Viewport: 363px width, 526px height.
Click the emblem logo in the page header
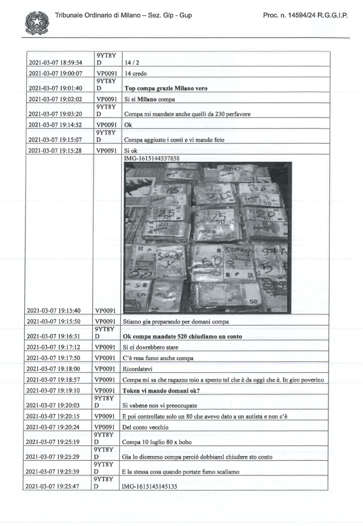pyautogui.click(x=35, y=23)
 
